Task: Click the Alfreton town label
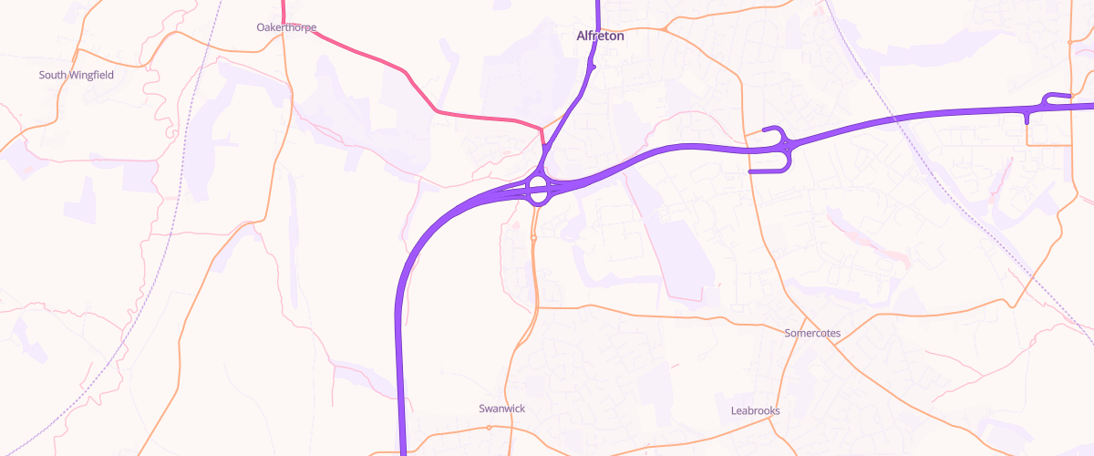[x=599, y=36]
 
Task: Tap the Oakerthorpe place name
[x=286, y=27]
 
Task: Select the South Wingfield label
[x=76, y=75]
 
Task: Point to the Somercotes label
[x=812, y=333]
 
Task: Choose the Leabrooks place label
[x=755, y=410]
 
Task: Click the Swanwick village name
[x=501, y=409]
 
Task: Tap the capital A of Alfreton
[x=581, y=36]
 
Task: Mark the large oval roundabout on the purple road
[x=538, y=191]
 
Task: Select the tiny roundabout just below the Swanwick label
[x=490, y=427]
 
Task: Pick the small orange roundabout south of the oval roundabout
[x=533, y=238]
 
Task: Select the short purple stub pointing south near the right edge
[x=1027, y=117]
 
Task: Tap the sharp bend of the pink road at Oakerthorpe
[x=284, y=24]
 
